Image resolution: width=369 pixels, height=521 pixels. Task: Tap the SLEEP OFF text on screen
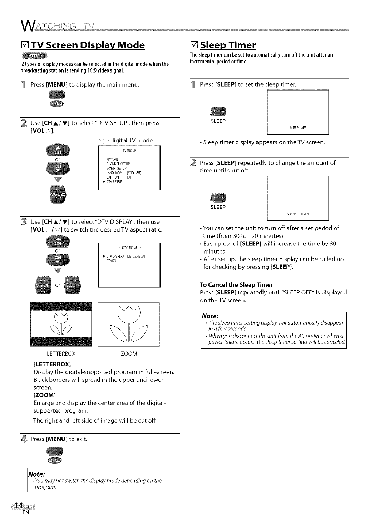pos(298,127)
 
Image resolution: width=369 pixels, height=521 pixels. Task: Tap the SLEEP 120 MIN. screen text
pos(298,214)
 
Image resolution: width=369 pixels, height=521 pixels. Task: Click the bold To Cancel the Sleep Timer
pos(236,285)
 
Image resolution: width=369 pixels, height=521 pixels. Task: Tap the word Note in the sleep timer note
pos(210,316)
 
